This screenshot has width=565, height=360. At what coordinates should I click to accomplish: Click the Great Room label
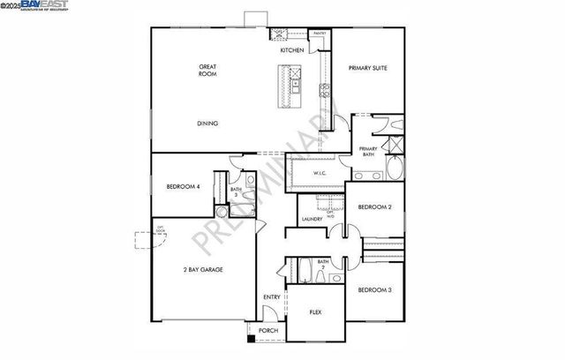click(207, 71)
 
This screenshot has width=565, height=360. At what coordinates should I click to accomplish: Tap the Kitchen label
click(292, 50)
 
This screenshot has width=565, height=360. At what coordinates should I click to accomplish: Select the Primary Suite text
click(367, 68)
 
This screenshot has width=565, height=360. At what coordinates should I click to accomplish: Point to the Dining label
click(207, 124)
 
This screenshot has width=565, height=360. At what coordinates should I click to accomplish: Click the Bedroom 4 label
click(184, 186)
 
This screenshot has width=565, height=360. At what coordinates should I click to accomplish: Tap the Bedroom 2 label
click(374, 207)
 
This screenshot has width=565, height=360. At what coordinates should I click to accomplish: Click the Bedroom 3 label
click(374, 289)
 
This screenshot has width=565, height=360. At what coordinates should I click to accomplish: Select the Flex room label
click(314, 311)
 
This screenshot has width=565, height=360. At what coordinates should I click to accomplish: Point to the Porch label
click(268, 331)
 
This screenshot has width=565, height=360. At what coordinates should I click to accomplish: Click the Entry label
click(272, 296)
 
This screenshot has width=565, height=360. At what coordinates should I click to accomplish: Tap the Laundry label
click(311, 219)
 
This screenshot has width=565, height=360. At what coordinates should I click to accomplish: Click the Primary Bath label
click(368, 151)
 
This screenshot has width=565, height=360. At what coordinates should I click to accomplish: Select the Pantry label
click(319, 34)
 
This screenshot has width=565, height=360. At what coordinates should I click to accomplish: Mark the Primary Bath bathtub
click(394, 168)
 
